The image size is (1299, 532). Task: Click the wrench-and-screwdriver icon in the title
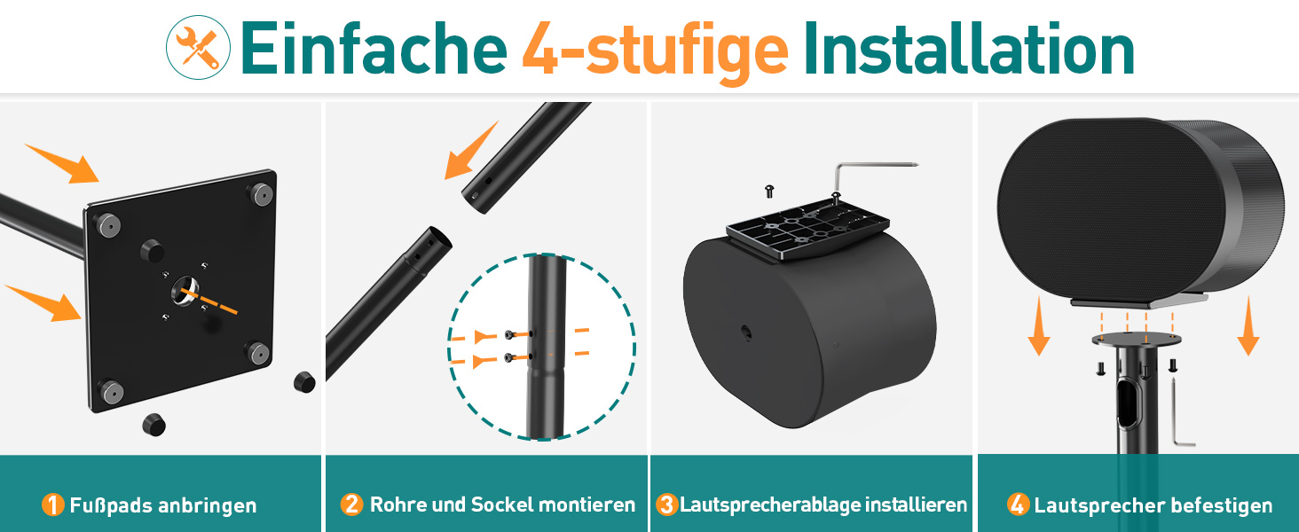[x=199, y=48]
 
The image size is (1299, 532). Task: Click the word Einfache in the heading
[x=374, y=49]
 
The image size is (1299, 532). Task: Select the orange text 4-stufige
[x=656, y=53]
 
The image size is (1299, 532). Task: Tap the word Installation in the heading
[x=968, y=49]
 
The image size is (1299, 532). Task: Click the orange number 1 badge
[x=52, y=505]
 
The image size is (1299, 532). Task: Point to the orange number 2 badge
[x=351, y=505]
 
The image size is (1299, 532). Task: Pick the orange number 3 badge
[x=667, y=505]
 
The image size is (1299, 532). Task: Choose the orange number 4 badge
[x=1018, y=505]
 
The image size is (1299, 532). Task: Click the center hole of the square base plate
[x=185, y=290]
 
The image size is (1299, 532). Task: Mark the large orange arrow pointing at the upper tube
[x=470, y=152]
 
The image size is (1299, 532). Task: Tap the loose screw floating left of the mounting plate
[x=769, y=192]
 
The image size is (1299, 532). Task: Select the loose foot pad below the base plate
[x=154, y=425]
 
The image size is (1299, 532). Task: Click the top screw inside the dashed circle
[x=510, y=335]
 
